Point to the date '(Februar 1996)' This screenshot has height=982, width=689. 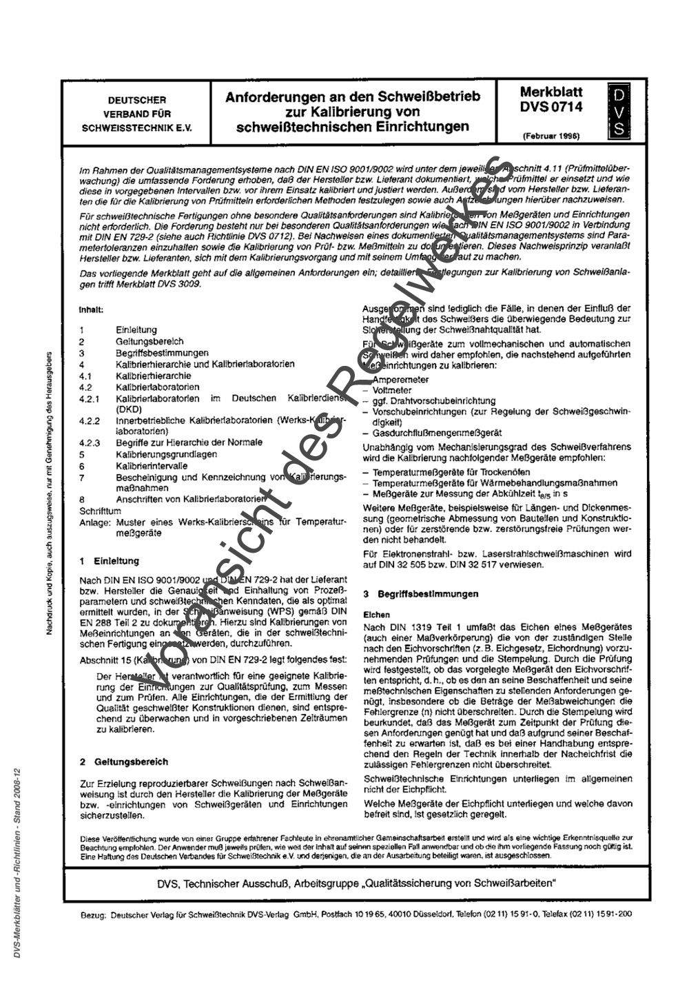551,136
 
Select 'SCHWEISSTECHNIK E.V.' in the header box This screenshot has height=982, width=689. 136,127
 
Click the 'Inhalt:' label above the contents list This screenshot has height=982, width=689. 91,310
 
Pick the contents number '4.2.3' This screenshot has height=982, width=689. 90,443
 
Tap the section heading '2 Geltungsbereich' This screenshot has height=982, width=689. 123,762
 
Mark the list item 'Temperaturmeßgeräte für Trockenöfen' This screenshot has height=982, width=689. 451,473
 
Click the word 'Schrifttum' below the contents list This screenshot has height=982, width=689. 101,511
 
